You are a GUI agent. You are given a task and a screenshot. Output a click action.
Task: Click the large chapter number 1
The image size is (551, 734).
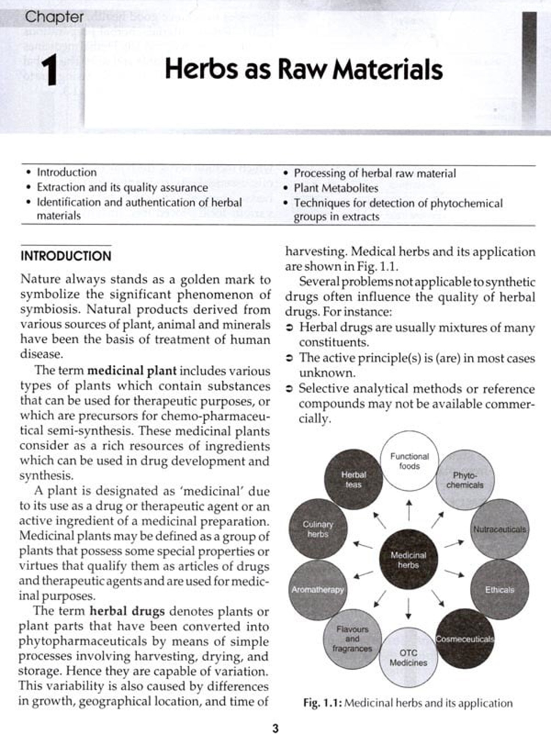50,70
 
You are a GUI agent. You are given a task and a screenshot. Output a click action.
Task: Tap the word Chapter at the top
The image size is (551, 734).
54,17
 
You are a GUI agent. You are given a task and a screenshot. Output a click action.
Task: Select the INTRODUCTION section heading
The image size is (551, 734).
66,256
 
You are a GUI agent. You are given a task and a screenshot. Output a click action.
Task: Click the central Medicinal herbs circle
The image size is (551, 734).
408,560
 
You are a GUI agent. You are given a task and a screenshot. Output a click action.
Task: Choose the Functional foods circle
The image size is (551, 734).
409,461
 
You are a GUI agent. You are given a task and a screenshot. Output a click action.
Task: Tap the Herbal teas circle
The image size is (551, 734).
353,479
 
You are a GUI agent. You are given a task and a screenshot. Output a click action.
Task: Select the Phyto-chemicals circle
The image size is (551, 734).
465,480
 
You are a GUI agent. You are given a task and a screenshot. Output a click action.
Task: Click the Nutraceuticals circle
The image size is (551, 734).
500,529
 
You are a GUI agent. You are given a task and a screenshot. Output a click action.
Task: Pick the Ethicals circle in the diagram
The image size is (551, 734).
500,589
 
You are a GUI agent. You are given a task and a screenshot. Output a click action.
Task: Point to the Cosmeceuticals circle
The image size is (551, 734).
465,639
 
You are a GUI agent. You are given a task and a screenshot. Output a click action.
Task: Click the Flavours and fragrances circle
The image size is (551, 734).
352,639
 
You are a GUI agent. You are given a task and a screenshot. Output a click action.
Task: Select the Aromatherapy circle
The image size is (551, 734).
318,589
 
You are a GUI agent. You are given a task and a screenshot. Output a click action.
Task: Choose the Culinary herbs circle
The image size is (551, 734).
318,529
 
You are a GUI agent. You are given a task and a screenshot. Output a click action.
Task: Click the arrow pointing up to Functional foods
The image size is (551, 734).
409,510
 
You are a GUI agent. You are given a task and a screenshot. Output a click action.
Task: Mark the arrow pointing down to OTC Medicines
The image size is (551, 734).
408,608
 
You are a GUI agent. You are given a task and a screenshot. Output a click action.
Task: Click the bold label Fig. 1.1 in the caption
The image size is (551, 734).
323,703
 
